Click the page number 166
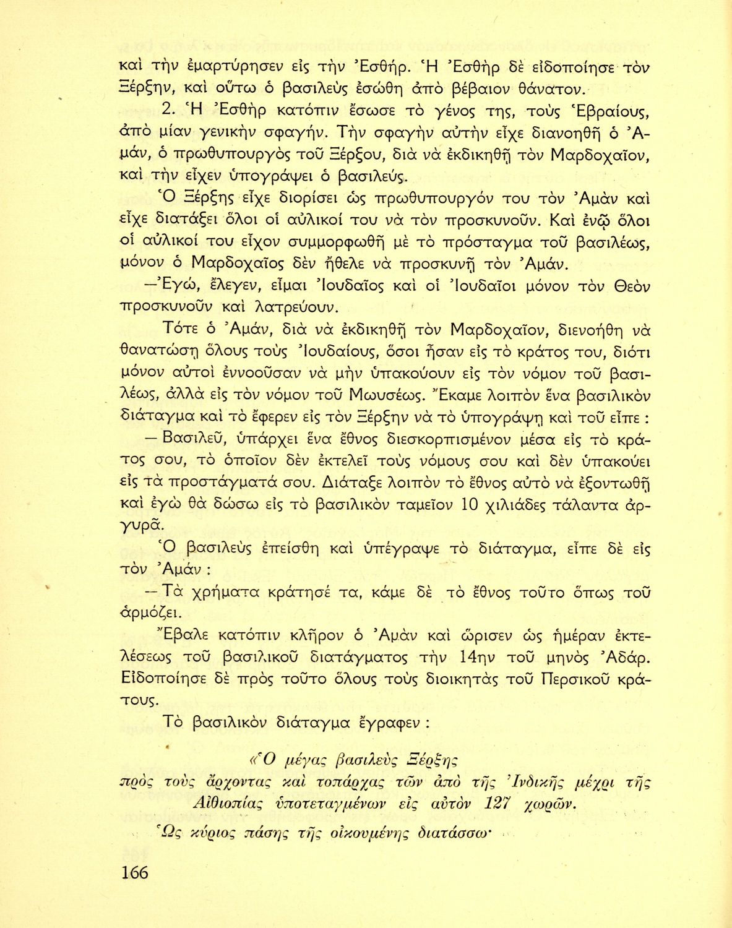coord(134,872)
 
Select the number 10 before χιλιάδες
coord(470,505)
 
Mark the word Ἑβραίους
coord(600,113)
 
